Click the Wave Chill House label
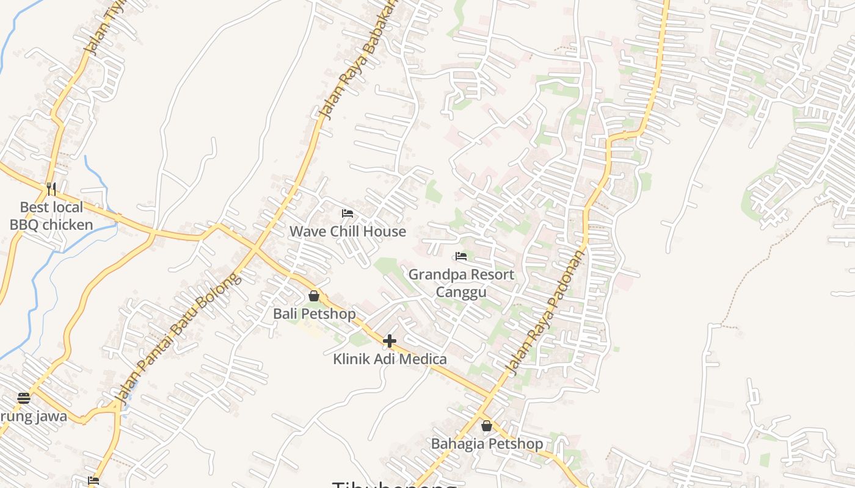pos(347,232)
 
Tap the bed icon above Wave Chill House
pos(347,213)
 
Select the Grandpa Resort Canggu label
pos(461,283)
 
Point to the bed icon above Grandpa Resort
pos(461,256)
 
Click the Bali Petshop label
pos(314,314)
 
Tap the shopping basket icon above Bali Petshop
pos(314,296)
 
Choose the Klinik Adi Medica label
pos(390,359)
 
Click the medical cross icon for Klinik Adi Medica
pos(390,341)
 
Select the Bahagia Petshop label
pos(487,443)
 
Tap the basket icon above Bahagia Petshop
pos(487,426)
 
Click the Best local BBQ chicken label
pos(51,216)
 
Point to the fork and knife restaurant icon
pos(51,189)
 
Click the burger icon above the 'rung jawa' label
pos(24,399)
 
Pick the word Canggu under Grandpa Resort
pos(461,292)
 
